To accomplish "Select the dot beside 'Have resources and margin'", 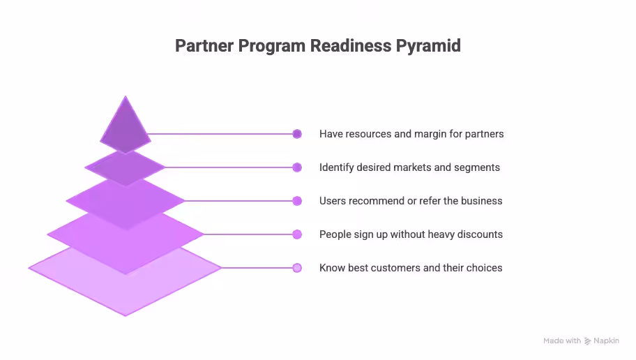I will pos(297,134).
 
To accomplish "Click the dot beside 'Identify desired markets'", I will pos(297,167).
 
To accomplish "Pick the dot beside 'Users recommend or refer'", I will pos(297,201).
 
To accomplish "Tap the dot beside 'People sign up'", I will pos(297,234).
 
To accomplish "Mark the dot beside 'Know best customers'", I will pos(297,268).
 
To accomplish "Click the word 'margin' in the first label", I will pos(431,134).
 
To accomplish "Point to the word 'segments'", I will pos(478,167).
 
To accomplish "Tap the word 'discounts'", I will pos(479,234).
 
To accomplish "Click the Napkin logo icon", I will pos(588,341).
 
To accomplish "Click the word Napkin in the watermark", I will pos(606,341).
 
